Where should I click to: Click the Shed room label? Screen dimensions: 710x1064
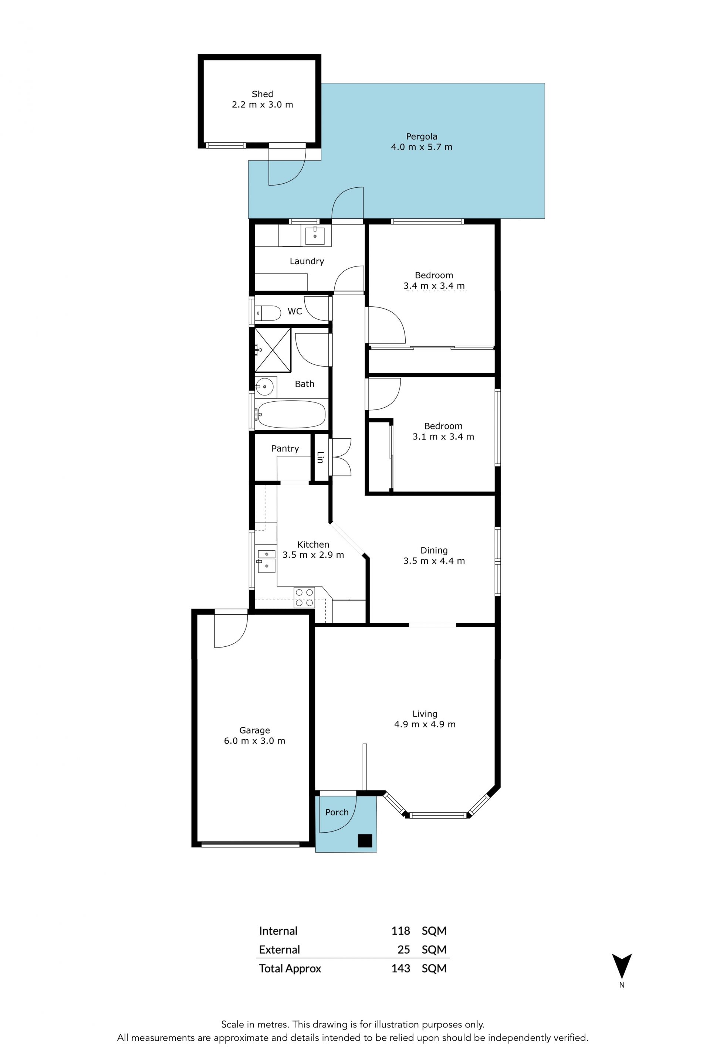point(262,94)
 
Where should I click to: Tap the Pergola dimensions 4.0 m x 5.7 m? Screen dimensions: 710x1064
point(422,147)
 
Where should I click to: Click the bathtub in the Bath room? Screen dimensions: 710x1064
point(290,414)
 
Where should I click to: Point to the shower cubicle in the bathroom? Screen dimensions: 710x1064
point(273,350)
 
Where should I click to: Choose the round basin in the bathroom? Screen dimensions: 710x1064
point(264,387)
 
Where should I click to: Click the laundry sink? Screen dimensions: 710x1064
point(315,236)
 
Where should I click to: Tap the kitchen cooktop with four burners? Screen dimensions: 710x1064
point(304,597)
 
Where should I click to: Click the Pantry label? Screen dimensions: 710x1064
point(285,449)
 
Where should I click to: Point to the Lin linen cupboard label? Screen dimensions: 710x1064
point(320,457)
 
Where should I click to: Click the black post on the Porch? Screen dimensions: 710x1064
point(365,840)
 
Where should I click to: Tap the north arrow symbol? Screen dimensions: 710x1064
point(622,968)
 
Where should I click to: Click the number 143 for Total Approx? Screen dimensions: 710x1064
point(401,969)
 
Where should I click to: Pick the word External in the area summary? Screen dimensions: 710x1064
point(280,949)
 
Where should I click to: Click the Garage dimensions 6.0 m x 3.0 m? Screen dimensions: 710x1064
point(254,741)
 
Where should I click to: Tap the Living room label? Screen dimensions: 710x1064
point(425,714)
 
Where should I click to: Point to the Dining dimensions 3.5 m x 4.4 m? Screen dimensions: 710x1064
point(434,561)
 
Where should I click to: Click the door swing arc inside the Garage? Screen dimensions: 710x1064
point(240,639)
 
